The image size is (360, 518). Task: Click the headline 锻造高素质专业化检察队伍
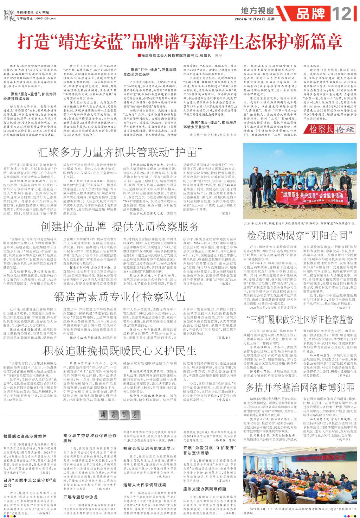pos(120,298)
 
